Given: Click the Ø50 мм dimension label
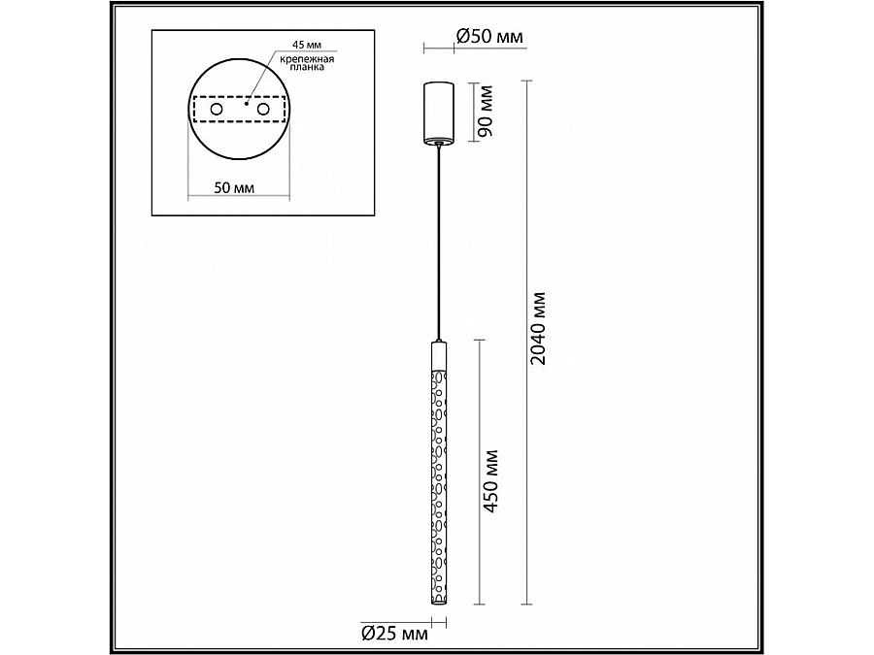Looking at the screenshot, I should pyautogui.click(x=489, y=38).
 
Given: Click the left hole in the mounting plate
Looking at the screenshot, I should pyautogui.click(x=217, y=112).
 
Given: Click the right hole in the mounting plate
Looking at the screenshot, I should pyautogui.click(x=261, y=112).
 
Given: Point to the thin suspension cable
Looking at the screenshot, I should pyautogui.click(x=440, y=243).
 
